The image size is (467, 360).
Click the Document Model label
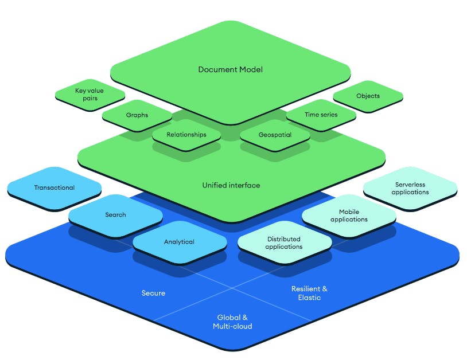[230, 69]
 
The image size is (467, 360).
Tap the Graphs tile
[137, 115]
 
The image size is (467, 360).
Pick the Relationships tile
[186, 135]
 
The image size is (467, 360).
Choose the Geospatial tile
[275, 135]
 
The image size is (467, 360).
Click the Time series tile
[321, 115]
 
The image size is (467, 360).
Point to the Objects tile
[368, 96]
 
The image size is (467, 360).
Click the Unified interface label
[231, 185]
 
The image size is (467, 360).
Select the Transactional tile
[55, 187]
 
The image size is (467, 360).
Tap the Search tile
[115, 215]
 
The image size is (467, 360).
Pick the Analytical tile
[179, 242]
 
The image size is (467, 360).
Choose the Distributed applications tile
[285, 242]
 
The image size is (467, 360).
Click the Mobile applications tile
[349, 216]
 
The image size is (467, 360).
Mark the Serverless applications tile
[410, 189]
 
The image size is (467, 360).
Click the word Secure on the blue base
[153, 293]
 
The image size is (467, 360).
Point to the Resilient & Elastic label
[309, 293]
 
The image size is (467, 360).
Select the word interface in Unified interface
[245, 185]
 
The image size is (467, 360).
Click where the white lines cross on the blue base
[232, 287]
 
